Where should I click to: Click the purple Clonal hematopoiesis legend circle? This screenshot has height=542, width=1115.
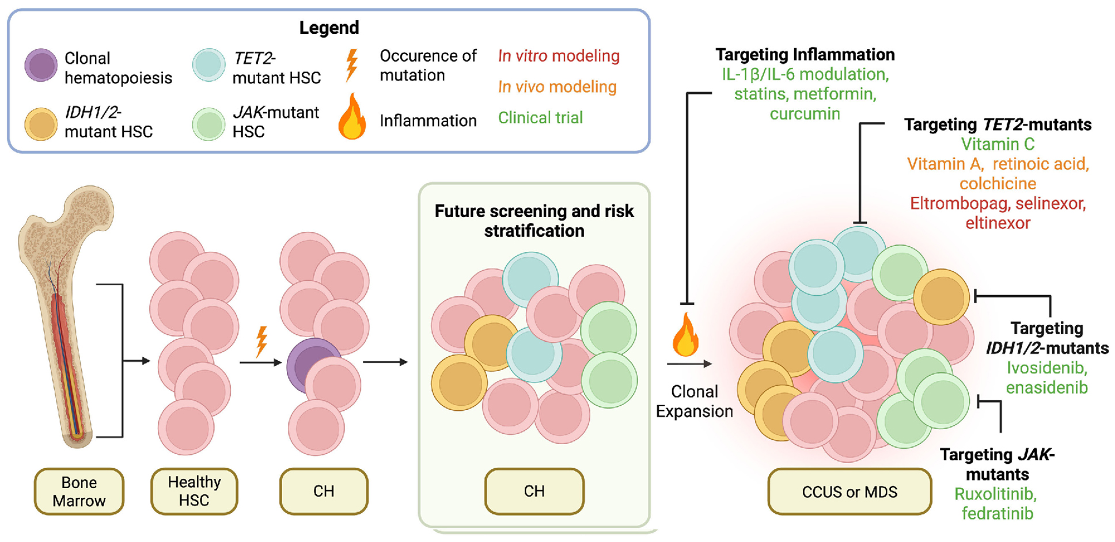41,65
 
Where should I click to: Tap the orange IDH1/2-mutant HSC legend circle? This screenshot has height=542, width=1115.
41,124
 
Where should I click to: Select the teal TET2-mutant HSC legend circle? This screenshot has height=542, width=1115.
208,65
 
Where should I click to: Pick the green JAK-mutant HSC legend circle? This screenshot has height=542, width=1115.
208,124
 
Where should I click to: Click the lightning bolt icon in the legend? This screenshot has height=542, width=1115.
352,64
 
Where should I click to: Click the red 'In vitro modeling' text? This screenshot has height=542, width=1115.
559,56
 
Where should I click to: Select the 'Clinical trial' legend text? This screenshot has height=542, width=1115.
540,117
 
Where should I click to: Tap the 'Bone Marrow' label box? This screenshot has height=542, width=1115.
79,491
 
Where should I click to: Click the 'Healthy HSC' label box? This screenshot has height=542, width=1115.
194,491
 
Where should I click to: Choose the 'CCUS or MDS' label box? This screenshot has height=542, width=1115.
849,492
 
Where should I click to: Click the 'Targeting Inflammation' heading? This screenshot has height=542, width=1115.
805,55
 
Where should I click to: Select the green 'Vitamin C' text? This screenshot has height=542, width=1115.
998,144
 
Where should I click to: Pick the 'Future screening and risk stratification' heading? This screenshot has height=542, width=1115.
534,221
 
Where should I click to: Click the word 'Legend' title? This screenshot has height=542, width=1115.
329,28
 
